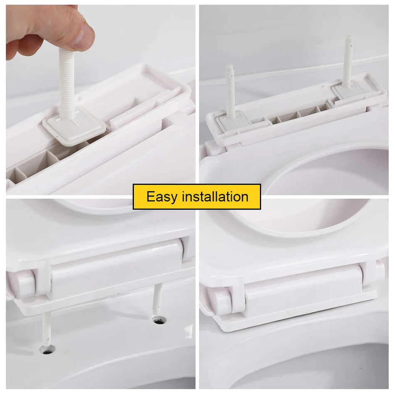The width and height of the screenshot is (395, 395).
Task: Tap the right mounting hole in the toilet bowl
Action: point(159,320)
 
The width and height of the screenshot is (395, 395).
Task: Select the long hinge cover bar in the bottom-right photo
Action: point(304,287)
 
